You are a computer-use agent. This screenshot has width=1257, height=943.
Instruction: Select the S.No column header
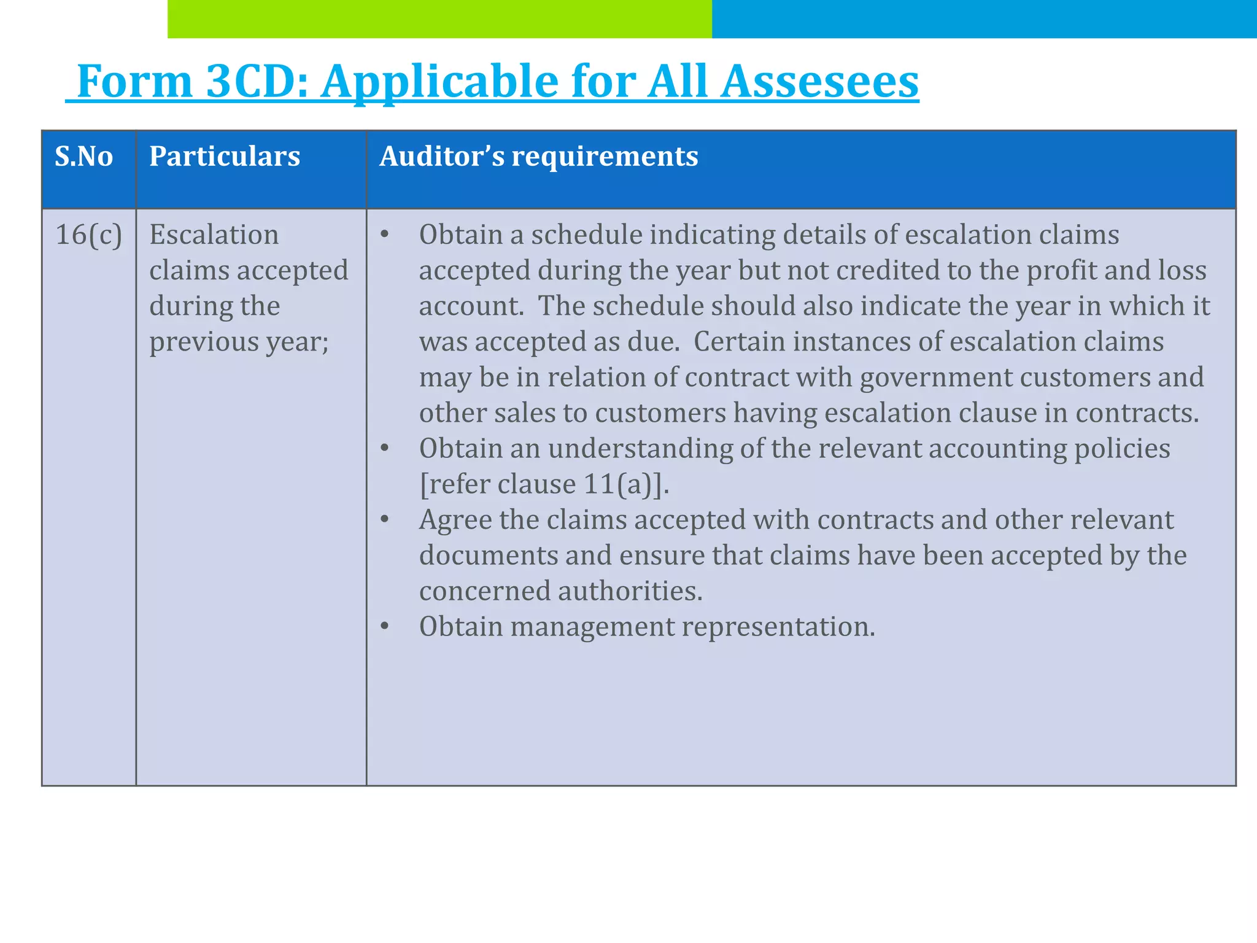pos(84,157)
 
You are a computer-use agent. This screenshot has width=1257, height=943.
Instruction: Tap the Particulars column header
pos(225,157)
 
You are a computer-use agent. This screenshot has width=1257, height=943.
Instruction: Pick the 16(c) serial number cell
pos(89,235)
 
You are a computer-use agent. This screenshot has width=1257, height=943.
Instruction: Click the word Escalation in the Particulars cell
pos(214,235)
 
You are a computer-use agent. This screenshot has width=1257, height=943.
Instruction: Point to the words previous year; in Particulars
pos(239,342)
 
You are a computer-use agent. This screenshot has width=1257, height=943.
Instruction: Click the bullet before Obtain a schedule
pos(385,235)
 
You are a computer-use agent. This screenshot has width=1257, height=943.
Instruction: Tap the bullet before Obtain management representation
pos(385,627)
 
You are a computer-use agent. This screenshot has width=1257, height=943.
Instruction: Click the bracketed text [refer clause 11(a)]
pos(544,484)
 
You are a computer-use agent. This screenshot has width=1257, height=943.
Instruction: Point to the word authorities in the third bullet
pos(630,591)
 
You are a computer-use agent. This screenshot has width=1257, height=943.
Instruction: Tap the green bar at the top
pos(439,19)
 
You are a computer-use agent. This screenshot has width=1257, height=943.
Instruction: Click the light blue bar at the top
pos(984,19)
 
